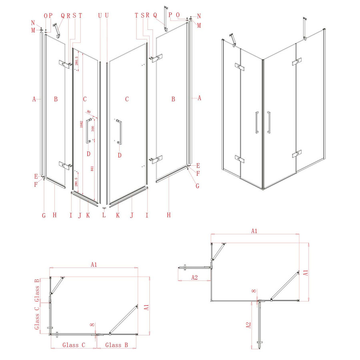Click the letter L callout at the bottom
tap(104, 215)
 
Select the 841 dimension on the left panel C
tap(93, 169)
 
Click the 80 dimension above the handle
tap(88, 112)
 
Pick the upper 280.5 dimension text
tap(76, 61)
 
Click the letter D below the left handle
tap(88, 154)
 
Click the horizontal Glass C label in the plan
tap(73, 345)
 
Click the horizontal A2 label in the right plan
tap(194, 277)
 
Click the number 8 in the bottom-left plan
tap(92, 326)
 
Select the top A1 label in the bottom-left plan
tap(94, 264)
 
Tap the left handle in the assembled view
tap(256, 122)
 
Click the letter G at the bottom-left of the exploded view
tap(44, 215)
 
